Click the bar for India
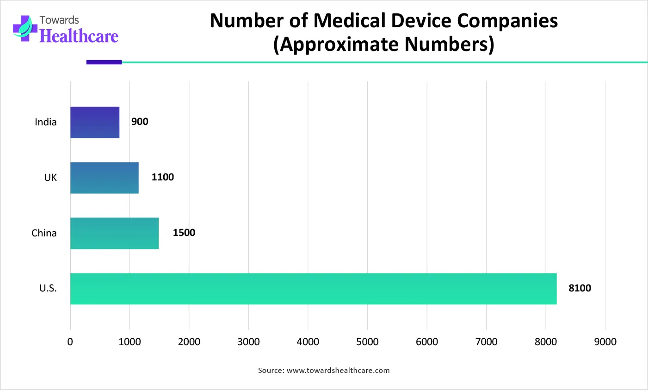point(95,122)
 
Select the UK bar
point(105,178)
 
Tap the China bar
point(114,233)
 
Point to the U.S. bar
point(313,289)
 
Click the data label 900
point(140,122)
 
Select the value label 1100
point(163,177)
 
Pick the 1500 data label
point(184,233)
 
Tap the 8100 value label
point(580,288)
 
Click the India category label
point(46,122)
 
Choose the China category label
point(44,233)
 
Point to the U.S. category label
point(48,288)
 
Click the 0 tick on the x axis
point(70,342)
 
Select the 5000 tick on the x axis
point(367,342)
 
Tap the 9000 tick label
point(605,342)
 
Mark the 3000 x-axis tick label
point(248,342)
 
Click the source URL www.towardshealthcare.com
point(338,370)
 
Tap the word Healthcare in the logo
point(79,36)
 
